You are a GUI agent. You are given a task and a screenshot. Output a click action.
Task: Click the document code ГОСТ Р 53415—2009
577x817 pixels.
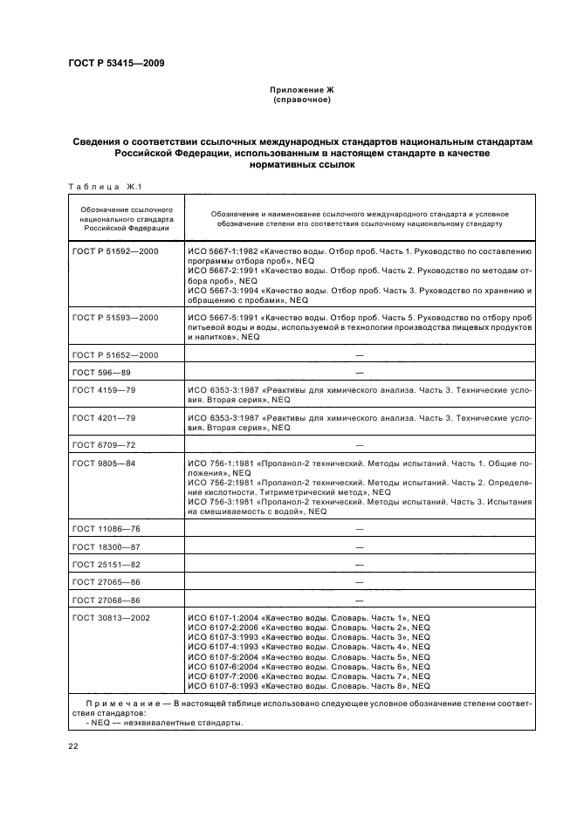[115, 63]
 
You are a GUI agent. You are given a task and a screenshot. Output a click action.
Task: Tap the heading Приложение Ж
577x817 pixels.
[300, 90]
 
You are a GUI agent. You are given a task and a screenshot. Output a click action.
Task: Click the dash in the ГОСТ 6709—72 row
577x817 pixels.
[359, 445]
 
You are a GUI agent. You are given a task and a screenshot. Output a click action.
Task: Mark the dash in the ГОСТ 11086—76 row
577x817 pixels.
[359, 528]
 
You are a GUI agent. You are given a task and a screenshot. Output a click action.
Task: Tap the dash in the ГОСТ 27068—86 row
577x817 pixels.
[359, 600]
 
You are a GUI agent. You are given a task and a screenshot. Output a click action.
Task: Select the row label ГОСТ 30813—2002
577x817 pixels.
[110, 618]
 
